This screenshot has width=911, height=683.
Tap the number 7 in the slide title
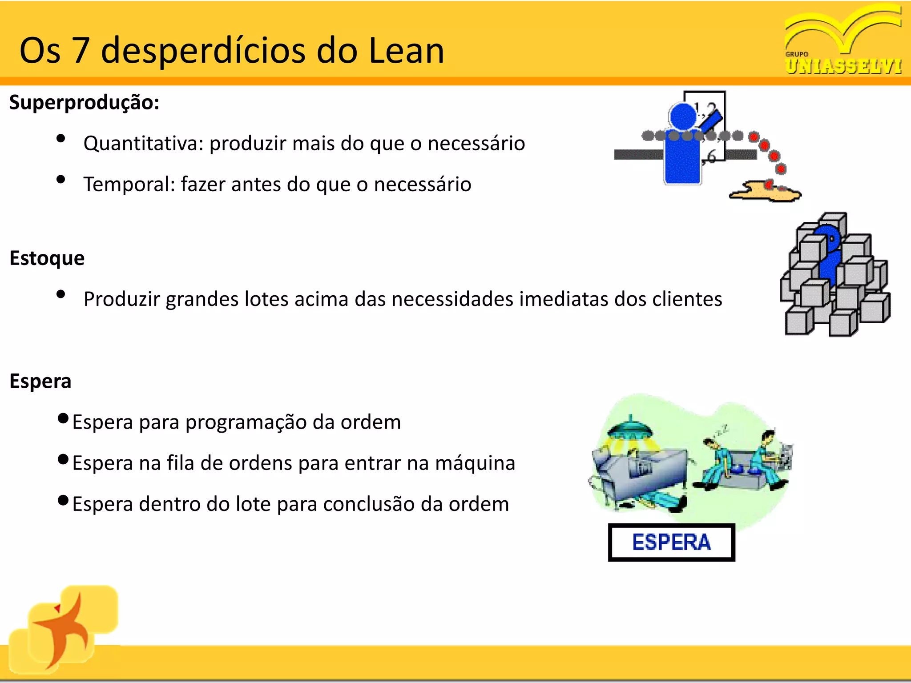(81, 51)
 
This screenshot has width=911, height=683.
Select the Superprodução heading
(84, 103)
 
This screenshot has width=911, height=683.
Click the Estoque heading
(47, 258)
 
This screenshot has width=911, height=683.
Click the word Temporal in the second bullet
(129, 184)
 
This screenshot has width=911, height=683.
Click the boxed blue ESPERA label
(671, 542)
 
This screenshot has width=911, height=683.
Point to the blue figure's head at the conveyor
(683, 117)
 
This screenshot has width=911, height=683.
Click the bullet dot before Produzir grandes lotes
(61, 294)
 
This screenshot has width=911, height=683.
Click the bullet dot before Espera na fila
(63, 459)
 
